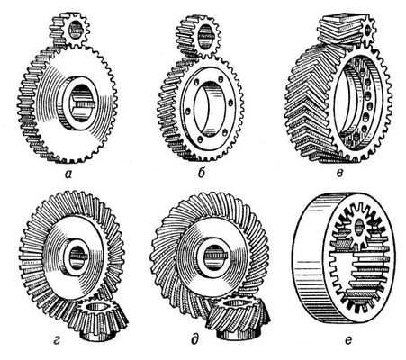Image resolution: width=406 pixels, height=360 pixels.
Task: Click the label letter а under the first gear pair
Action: point(68,174)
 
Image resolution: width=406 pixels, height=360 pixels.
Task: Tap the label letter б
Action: point(202,172)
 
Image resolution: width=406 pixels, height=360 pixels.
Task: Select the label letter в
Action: point(339,173)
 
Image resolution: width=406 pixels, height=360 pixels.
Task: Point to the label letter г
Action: point(56,341)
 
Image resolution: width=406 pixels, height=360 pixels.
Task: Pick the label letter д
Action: point(194,340)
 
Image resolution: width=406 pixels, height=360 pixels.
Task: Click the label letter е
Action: point(348,341)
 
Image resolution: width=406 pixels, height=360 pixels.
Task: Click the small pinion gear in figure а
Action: point(69,30)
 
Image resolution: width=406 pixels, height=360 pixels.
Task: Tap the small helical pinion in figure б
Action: point(198,37)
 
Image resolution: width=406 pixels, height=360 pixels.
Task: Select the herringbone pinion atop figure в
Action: point(347,30)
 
